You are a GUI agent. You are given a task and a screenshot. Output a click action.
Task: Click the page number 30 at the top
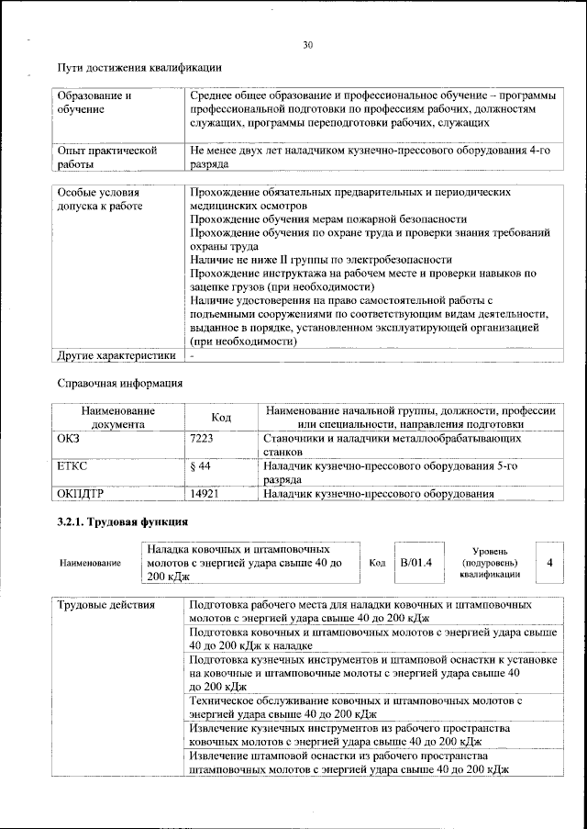coord(307,45)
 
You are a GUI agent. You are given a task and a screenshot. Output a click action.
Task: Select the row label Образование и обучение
coord(94,103)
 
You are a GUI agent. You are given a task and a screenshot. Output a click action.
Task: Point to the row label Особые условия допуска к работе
coord(99,200)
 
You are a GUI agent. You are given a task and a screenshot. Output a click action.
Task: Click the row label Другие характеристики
coord(116,354)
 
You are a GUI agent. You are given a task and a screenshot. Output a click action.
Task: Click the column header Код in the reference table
coord(221,418)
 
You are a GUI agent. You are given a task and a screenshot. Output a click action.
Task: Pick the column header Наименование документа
coord(117,418)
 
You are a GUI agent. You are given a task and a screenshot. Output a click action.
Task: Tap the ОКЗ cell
coord(70,439)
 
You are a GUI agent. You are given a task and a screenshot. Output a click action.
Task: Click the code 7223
coord(201,439)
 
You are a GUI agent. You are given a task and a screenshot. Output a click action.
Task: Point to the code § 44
coord(199,466)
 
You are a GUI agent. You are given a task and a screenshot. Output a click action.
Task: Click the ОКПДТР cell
coord(79,494)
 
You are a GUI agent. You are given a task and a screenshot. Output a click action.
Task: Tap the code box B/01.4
coord(415,561)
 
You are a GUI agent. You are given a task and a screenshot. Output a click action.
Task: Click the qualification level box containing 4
coord(549,561)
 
